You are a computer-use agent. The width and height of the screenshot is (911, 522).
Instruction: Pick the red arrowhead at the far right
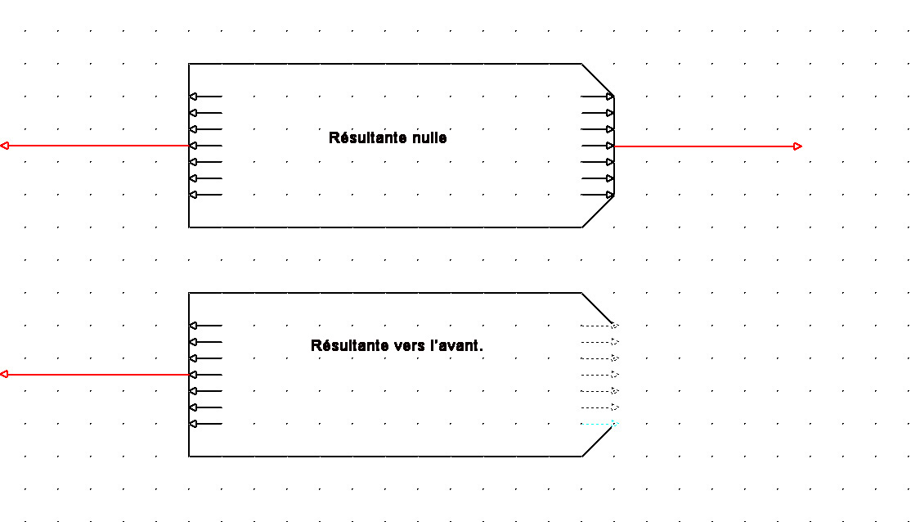(798, 146)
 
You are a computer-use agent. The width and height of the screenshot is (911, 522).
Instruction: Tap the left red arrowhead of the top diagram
(5, 146)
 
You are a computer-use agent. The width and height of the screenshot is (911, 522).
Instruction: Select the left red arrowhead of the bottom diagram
(5, 375)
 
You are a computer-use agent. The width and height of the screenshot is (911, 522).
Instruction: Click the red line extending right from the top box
(703, 146)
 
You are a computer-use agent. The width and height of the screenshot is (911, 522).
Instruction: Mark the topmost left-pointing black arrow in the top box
(204, 97)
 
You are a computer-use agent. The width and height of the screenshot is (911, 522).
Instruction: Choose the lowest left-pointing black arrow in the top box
(204, 195)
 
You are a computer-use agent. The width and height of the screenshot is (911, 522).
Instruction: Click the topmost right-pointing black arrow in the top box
(598, 97)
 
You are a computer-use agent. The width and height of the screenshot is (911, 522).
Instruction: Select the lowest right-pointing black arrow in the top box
(598, 195)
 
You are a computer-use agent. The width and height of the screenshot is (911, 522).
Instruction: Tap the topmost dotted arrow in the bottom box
(598, 326)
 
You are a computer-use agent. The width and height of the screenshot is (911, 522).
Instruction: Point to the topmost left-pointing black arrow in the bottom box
(204, 326)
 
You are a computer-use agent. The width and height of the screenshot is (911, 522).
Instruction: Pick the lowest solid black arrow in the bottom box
(204, 424)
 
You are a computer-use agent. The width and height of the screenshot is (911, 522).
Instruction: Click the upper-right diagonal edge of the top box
(598, 79)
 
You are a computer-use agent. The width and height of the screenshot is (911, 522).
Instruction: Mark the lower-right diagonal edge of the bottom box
(598, 440)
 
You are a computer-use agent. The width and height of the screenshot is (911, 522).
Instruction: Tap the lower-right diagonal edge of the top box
(598, 211)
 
